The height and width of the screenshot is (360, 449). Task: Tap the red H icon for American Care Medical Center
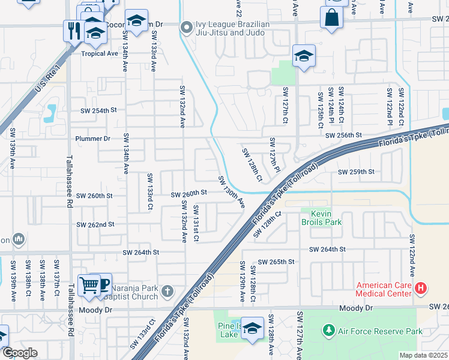click(x=421, y=289)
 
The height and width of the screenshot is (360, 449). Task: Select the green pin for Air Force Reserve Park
click(x=328, y=331)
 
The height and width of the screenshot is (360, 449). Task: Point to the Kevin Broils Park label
click(x=325, y=218)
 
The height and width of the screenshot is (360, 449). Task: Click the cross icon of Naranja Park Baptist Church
click(x=167, y=292)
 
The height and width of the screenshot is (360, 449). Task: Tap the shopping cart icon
click(x=89, y=286)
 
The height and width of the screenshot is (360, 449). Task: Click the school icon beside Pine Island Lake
click(x=253, y=329)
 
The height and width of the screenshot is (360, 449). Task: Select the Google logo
click(x=20, y=353)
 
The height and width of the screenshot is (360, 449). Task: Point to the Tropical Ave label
click(x=100, y=53)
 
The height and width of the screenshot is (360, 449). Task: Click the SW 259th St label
click(x=356, y=172)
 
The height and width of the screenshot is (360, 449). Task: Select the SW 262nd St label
click(x=95, y=224)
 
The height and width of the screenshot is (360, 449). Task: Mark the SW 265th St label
click(x=276, y=262)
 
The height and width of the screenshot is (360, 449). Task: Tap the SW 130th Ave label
click(x=231, y=192)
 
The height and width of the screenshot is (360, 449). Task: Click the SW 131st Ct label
click(x=196, y=223)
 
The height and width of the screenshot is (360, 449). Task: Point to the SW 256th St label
click(x=344, y=136)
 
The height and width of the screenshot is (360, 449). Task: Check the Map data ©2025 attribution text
click(x=423, y=355)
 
